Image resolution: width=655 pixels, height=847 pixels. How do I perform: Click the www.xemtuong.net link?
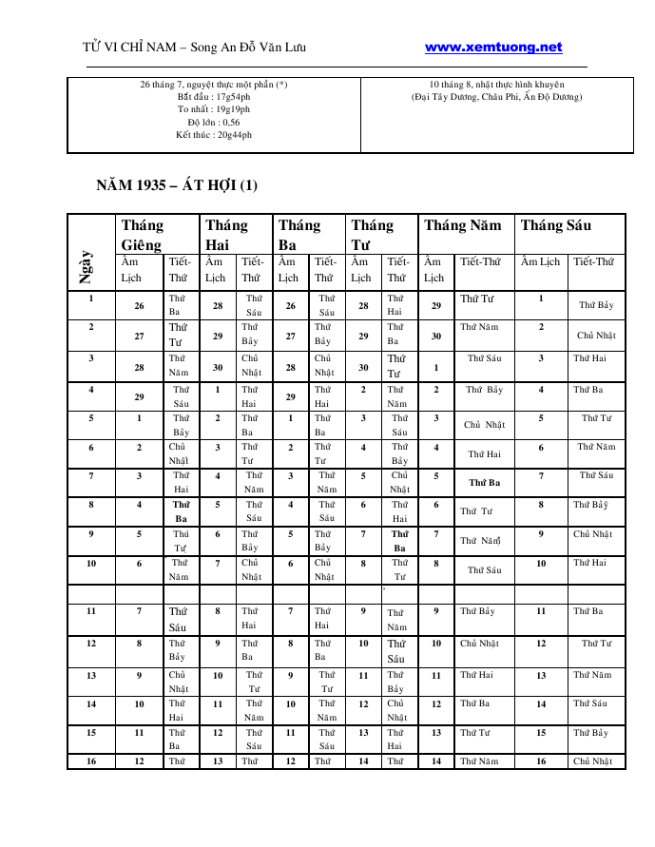493,48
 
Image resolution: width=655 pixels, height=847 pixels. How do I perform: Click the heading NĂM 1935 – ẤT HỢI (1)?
177,184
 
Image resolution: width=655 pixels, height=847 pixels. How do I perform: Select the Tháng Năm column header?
462,225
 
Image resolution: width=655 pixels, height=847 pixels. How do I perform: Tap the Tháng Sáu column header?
556,225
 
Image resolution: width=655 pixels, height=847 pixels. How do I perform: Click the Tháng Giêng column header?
142,234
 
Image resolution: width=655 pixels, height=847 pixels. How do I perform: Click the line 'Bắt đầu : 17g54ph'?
214,97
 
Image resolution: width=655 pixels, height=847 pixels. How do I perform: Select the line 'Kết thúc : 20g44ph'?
214,135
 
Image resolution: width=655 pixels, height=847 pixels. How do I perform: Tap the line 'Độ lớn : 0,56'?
214,123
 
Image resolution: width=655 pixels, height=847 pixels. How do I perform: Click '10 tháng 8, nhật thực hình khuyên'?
497,85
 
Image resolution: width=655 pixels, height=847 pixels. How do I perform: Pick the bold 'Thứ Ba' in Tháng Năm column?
484,483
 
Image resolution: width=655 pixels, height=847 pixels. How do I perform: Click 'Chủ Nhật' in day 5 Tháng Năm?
484,426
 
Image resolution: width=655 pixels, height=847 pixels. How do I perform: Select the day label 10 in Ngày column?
91,564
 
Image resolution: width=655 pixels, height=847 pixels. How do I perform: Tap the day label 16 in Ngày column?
91,761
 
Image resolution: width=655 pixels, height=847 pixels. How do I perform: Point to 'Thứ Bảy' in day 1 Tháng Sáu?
596,305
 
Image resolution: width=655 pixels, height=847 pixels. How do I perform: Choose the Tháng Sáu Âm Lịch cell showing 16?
541,761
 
